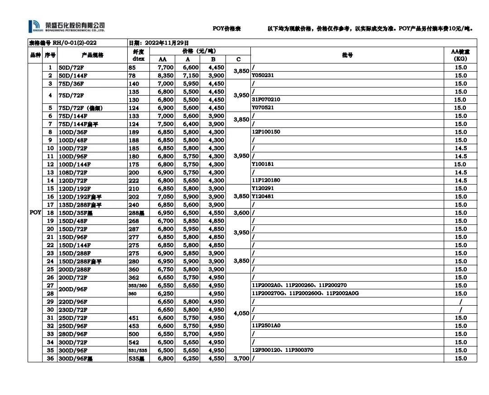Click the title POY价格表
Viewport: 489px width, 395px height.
click(x=227, y=29)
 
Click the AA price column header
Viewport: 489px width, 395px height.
click(x=163, y=59)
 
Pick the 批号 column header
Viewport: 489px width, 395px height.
click(x=347, y=55)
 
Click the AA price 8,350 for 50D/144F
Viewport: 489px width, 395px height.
click(x=165, y=75)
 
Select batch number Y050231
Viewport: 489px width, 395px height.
click(x=263, y=75)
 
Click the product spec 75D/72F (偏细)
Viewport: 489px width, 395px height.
click(x=81, y=108)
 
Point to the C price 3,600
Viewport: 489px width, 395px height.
click(x=241, y=213)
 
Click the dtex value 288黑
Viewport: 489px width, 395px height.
click(x=136, y=213)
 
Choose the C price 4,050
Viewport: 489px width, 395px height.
click(x=241, y=313)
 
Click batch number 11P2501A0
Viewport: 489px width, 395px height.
click(x=266, y=326)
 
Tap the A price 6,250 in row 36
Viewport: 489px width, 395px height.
click(x=191, y=359)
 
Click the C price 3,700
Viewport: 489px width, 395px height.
click(x=241, y=359)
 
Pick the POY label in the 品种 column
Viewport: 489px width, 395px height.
click(x=35, y=212)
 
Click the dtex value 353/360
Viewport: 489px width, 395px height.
click(x=137, y=285)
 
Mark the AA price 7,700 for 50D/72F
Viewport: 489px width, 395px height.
click(x=165, y=68)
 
